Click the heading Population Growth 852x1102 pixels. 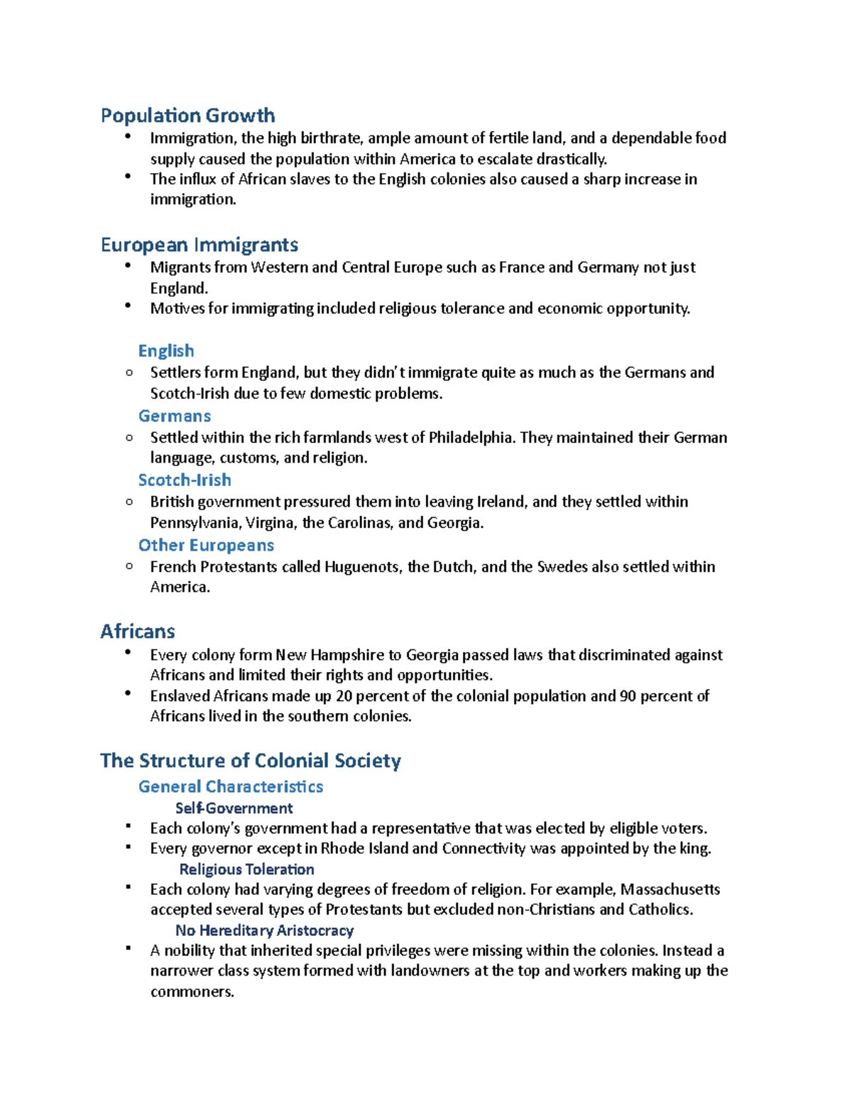coord(187,116)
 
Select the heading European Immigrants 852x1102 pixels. coord(199,245)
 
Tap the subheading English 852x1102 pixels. coord(166,351)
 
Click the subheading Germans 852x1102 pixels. coord(175,416)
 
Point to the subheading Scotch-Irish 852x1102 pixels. coord(185,480)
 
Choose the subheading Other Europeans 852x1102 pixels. coord(206,545)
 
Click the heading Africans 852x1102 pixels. coord(138,632)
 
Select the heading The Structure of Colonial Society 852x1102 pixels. coord(250,761)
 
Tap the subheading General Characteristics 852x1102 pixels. coord(231,786)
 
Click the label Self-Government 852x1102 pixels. coord(234,808)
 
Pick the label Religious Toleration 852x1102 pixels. coord(246,869)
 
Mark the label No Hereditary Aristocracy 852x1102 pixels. coord(264,930)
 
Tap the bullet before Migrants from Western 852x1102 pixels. coord(128,265)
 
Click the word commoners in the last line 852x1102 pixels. coord(192,991)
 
